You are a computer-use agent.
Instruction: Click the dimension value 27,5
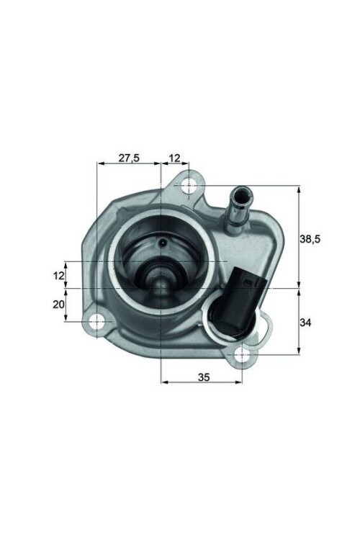pos(128,158)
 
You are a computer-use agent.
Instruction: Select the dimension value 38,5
pos(314,238)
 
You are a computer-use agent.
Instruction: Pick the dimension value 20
pos(59,305)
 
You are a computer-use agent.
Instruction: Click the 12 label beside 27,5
pos(175,158)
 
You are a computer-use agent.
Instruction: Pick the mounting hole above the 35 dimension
pos(243,354)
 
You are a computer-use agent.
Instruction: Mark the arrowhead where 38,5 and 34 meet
pos(297,288)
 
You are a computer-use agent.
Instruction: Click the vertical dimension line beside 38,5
pos(297,238)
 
